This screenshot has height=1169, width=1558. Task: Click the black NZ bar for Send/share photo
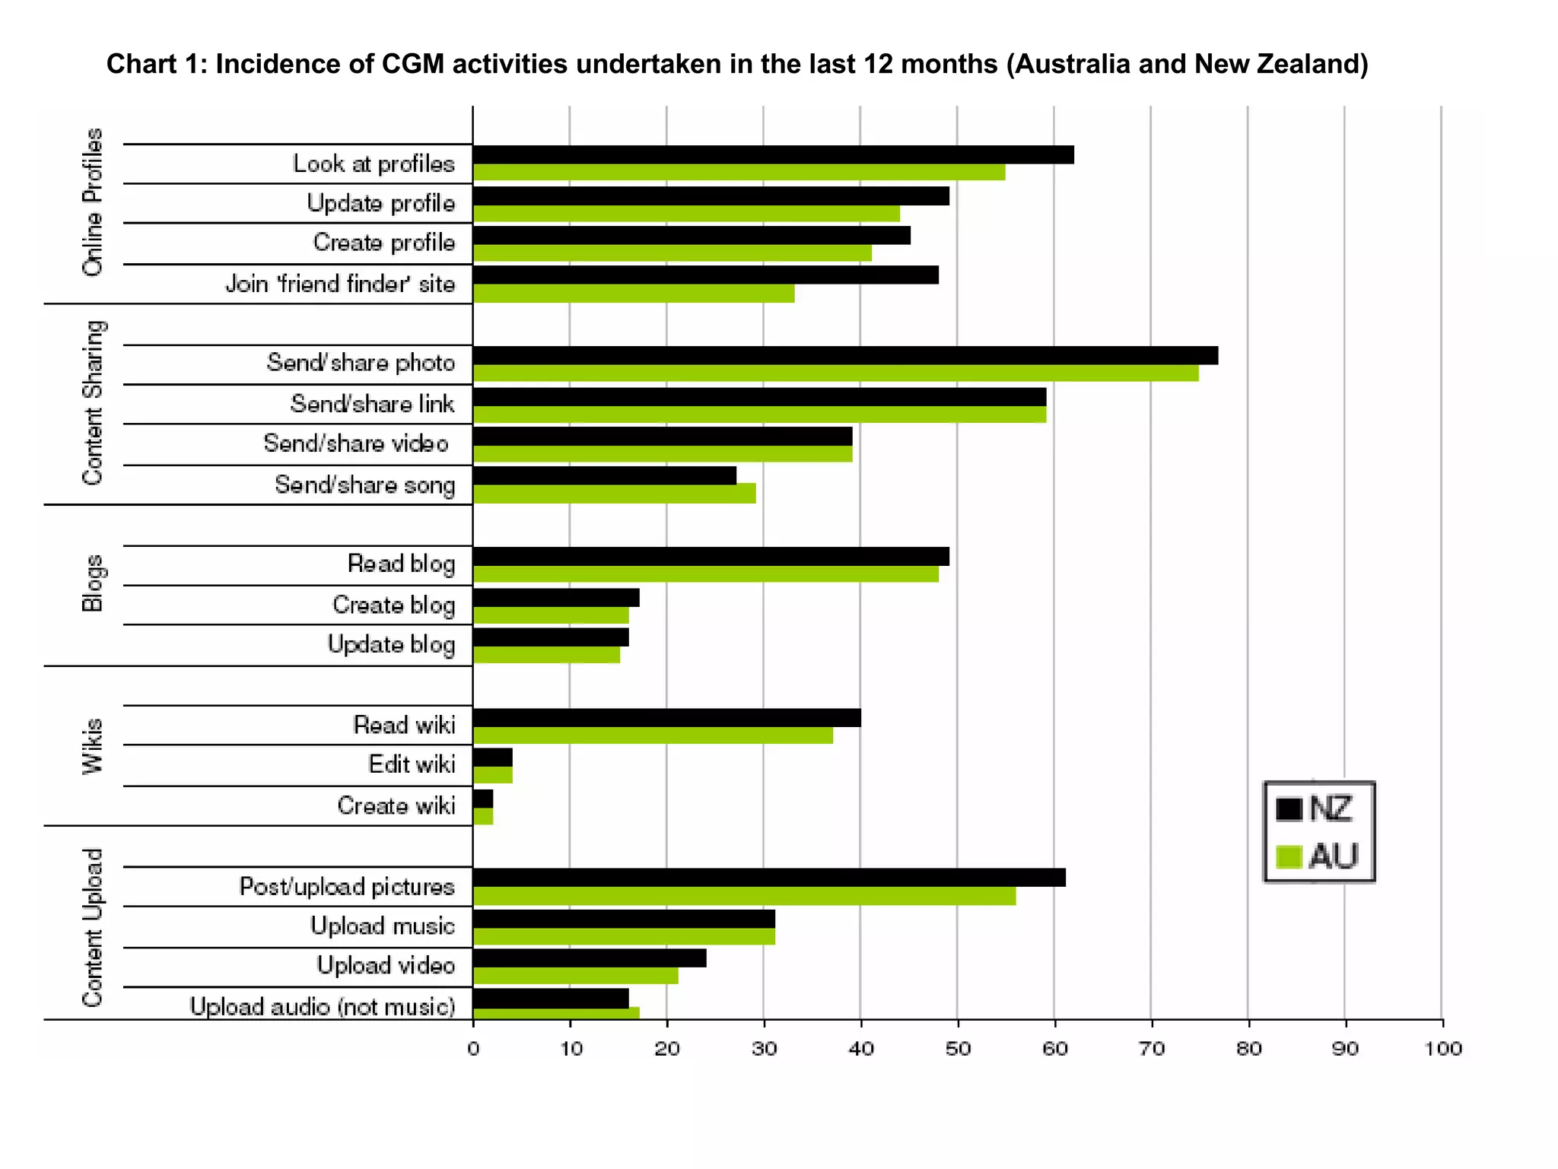pyautogui.click(x=844, y=355)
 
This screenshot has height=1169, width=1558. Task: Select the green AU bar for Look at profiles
pyautogui.click(x=738, y=173)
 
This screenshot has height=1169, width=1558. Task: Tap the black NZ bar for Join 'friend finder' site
pyautogui.click(x=705, y=275)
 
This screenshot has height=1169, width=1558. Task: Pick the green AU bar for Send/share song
pyautogui.click(x=614, y=494)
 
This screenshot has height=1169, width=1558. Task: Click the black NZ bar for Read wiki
pyautogui.click(x=666, y=717)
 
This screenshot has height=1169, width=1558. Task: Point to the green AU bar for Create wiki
pyautogui.click(x=483, y=817)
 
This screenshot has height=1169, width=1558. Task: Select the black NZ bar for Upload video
pyautogui.click(x=589, y=958)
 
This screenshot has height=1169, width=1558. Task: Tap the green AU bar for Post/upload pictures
pyautogui.click(x=744, y=897)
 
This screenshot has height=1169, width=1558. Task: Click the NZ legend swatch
pyautogui.click(x=1289, y=809)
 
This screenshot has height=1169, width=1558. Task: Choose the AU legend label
pyautogui.click(x=1333, y=857)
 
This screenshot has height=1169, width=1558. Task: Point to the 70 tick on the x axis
pyautogui.click(x=1151, y=1049)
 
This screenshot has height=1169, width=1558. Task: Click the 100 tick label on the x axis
pyautogui.click(x=1442, y=1049)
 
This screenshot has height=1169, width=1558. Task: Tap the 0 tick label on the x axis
pyautogui.click(x=473, y=1049)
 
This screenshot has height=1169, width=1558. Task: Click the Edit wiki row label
pyautogui.click(x=412, y=764)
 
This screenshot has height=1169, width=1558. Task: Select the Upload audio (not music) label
pyautogui.click(x=323, y=1006)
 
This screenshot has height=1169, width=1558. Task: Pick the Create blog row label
pyautogui.click(x=393, y=605)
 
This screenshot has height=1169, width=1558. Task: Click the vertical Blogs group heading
pyautogui.click(x=92, y=583)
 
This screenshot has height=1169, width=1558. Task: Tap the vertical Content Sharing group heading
pyautogui.click(x=92, y=402)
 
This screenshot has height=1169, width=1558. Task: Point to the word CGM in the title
pyautogui.click(x=412, y=64)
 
